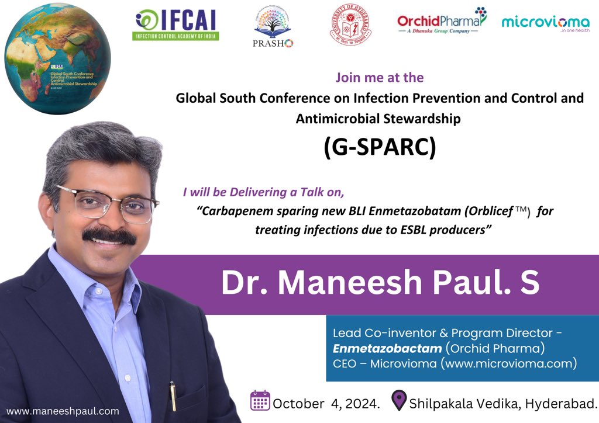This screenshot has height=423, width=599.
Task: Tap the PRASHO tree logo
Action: point(273,27)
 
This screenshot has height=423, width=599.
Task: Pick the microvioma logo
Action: point(545,23)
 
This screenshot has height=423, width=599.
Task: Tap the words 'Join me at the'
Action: point(380,77)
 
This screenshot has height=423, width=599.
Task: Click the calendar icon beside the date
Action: point(260,401)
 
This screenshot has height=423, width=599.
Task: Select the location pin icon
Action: point(399,401)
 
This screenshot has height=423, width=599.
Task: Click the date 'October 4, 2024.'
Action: point(326,403)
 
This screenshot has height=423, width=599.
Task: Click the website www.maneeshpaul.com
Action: point(63,411)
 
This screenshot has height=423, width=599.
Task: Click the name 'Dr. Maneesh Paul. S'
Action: point(380,282)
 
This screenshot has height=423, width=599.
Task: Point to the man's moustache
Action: point(109,235)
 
